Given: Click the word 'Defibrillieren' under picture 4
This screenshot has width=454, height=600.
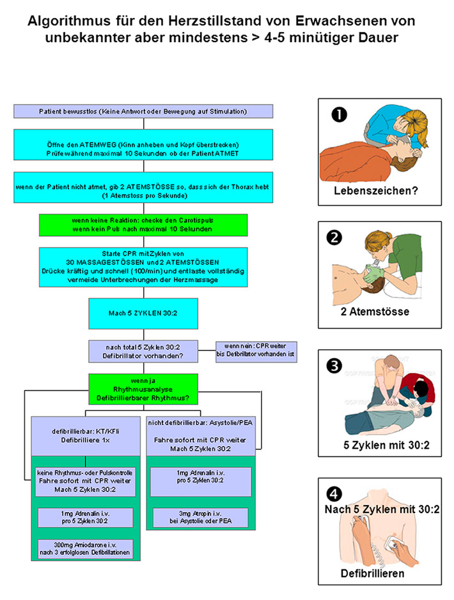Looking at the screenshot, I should pyautogui.click(x=372, y=573).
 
